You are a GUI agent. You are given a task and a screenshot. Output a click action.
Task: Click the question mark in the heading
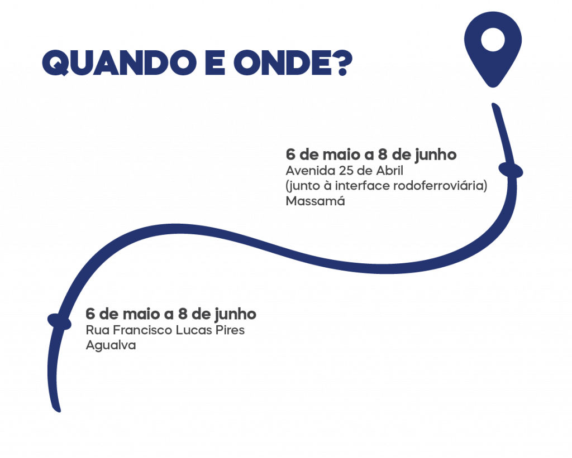point(341,62)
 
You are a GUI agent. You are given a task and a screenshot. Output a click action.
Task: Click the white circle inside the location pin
point(493,40)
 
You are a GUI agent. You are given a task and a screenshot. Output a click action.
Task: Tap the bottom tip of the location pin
point(493,86)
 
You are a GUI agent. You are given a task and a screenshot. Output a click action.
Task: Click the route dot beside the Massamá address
point(511,170)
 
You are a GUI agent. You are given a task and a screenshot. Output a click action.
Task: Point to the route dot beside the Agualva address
point(59,321)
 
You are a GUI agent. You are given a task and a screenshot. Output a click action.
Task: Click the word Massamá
point(315,201)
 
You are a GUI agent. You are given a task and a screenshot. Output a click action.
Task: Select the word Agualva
point(111,345)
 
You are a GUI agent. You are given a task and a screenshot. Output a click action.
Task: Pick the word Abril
point(390,171)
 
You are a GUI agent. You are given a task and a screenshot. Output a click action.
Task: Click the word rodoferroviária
point(441,186)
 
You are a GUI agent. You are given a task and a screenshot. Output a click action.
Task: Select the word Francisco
point(142,330)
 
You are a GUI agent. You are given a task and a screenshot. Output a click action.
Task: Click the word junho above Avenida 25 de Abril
point(435,155)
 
